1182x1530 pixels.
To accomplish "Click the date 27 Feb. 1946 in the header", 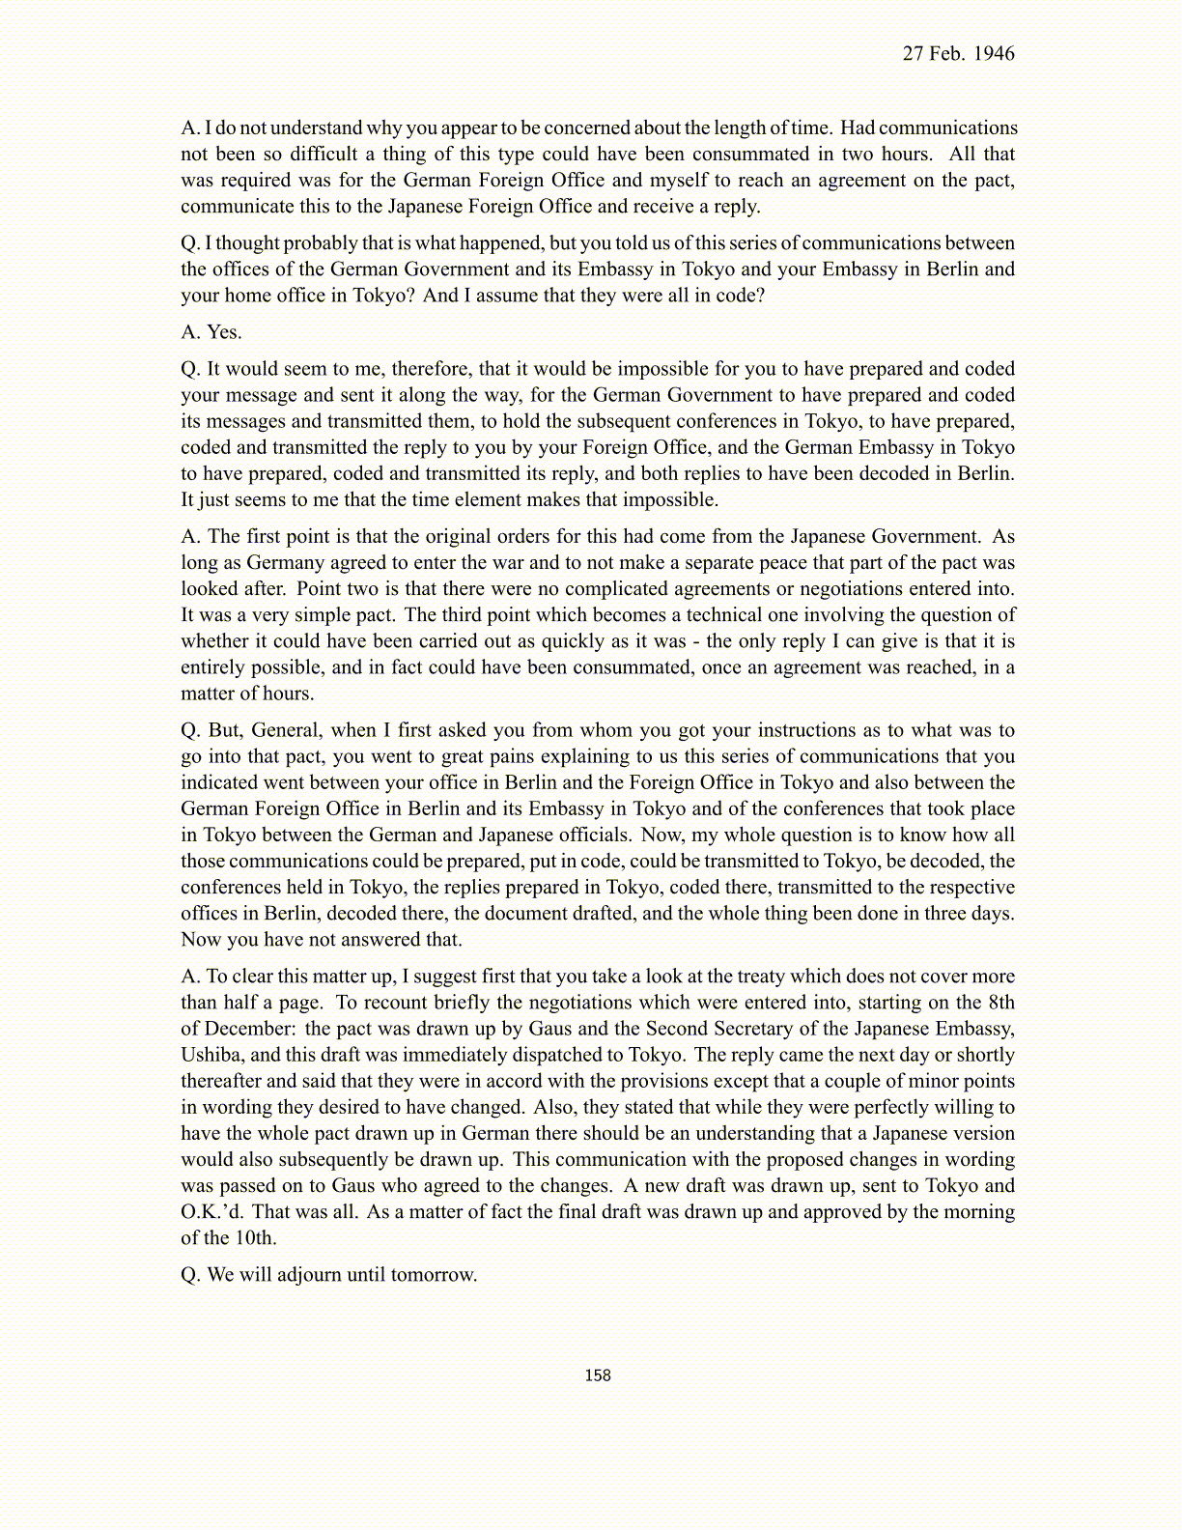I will point(958,54).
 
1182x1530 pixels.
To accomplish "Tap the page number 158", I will point(598,1375).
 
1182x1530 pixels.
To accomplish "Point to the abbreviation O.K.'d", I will point(211,1211).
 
